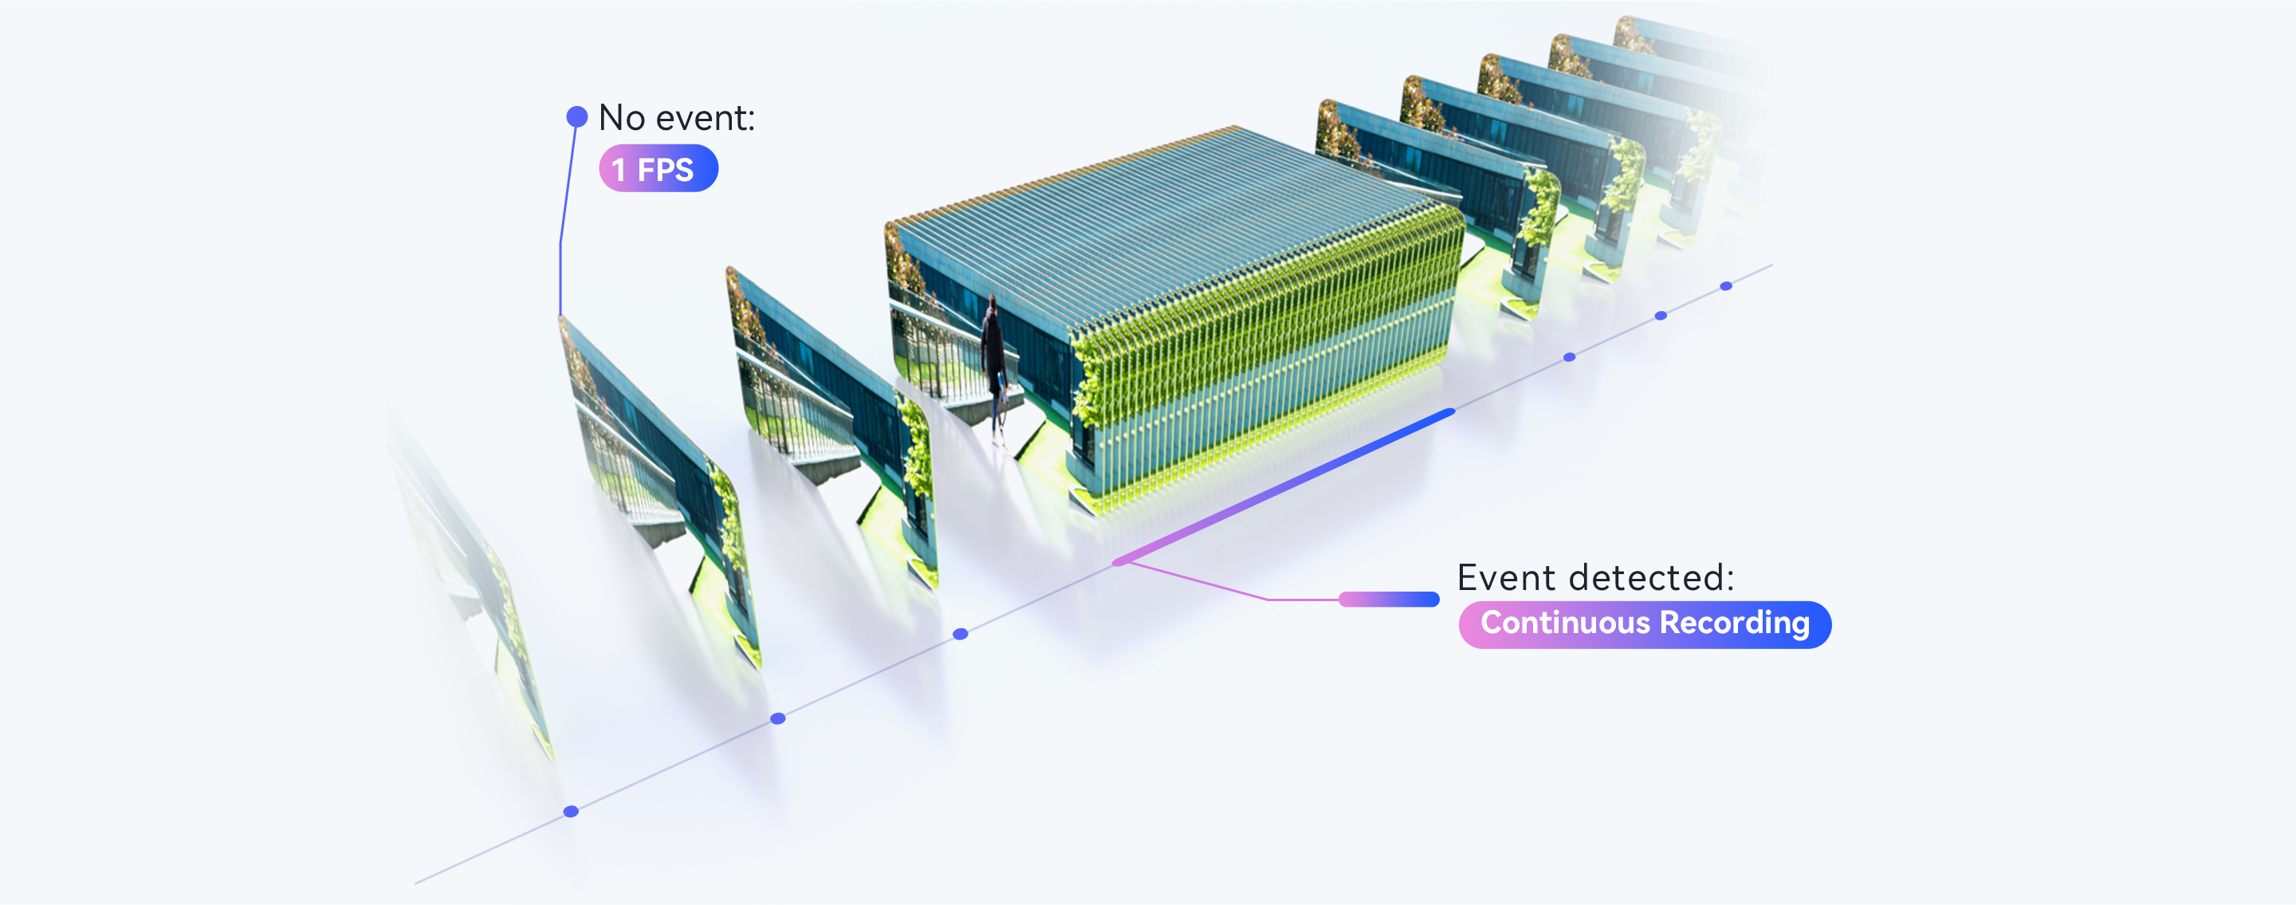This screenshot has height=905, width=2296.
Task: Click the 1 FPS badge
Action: (659, 168)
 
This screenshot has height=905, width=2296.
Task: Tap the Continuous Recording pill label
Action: (1645, 624)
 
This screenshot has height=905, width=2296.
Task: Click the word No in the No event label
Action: (622, 118)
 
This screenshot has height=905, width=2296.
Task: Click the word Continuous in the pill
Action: (1565, 623)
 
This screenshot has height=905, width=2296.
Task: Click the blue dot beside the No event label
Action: (576, 116)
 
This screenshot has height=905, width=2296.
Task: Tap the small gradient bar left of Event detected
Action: (1389, 599)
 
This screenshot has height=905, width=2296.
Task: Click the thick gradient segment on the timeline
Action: (1284, 487)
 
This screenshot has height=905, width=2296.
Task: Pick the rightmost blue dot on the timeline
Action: (1727, 286)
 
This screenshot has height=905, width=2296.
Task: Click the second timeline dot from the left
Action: (778, 718)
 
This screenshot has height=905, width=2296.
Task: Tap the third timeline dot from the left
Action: (961, 634)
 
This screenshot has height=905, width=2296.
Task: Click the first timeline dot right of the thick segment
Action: (1570, 357)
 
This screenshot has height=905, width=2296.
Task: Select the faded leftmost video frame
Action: (473, 580)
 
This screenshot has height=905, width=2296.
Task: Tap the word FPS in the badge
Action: (665, 169)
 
